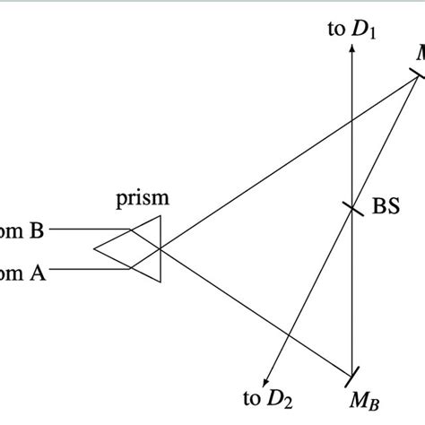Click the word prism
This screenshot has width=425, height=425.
(142, 199)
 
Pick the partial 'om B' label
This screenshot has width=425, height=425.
(22, 231)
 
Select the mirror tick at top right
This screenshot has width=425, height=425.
(417, 78)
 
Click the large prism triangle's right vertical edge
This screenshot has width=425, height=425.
(160, 249)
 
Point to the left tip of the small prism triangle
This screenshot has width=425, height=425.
(95, 249)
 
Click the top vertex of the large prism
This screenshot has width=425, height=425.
(160, 216)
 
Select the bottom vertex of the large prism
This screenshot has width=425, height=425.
(160, 282)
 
